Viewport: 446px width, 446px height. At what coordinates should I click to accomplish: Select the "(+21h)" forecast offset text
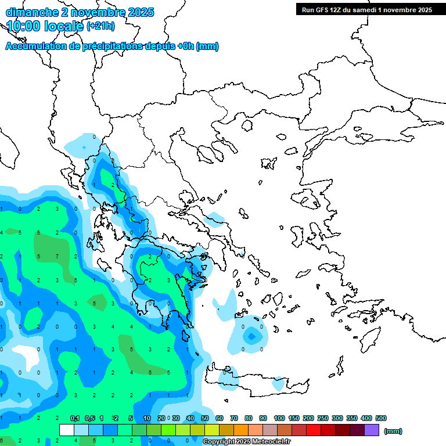coord(100,26)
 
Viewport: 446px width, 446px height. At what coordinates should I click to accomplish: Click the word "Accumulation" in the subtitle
coord(34,46)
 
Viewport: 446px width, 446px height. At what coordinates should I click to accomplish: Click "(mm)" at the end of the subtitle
coord(207,46)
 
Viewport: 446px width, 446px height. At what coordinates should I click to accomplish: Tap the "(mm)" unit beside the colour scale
coord(393,431)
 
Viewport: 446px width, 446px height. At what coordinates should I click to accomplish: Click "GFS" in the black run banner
coord(324,10)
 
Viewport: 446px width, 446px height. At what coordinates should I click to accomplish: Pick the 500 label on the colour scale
coord(381,418)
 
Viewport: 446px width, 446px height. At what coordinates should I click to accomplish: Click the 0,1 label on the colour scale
coord(75,418)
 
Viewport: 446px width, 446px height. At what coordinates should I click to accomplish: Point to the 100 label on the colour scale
coord(279,418)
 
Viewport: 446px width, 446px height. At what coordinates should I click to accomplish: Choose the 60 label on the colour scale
coord(220,418)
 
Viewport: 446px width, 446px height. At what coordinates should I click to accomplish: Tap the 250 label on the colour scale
coord(323,418)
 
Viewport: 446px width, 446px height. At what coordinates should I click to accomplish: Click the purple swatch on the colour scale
coord(372,430)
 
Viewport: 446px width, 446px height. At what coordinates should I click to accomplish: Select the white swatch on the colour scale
coord(67,430)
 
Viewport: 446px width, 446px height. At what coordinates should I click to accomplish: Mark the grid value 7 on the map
coord(57,256)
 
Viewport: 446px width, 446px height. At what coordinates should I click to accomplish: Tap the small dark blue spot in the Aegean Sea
coord(251,336)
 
